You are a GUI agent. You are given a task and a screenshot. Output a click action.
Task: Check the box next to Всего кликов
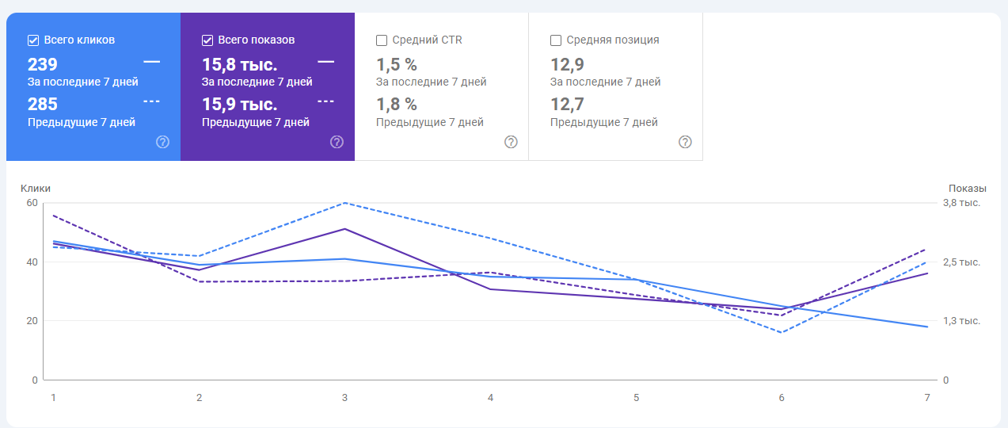tap(33, 40)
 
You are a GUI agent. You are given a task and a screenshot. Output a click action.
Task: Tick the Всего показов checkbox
tap(207, 40)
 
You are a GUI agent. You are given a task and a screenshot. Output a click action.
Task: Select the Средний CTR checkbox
tap(382, 40)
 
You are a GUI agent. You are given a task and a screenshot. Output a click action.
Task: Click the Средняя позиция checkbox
tap(556, 40)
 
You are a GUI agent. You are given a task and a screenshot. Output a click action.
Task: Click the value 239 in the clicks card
tap(43, 64)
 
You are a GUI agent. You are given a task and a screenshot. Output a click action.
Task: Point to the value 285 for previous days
tap(43, 104)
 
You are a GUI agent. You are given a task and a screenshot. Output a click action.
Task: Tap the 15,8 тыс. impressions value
tap(239, 64)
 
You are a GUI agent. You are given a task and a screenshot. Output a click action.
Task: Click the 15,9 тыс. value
tap(239, 104)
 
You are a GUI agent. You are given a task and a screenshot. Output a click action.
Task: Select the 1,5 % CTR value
tap(396, 64)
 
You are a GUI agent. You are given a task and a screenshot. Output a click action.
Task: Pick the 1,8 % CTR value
tap(396, 104)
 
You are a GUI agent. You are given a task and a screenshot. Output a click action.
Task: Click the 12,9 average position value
tap(567, 64)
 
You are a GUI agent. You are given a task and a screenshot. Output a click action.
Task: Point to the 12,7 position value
tap(567, 104)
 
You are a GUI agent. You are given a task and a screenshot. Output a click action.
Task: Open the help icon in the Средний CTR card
tap(511, 142)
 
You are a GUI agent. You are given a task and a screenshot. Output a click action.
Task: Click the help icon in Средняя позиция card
tap(685, 142)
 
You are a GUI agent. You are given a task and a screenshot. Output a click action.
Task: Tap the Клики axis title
tap(36, 189)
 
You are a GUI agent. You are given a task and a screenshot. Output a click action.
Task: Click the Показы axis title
tap(968, 189)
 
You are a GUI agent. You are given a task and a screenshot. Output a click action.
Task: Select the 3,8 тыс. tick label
tap(961, 203)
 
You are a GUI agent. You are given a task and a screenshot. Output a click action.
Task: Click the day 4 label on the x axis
tap(491, 397)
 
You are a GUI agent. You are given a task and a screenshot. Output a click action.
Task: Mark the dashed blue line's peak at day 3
tap(344, 203)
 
